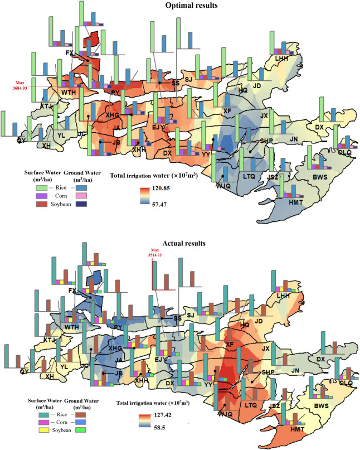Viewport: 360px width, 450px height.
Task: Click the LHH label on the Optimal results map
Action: [x=282, y=58]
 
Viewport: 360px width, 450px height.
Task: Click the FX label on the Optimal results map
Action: [x=70, y=52]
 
